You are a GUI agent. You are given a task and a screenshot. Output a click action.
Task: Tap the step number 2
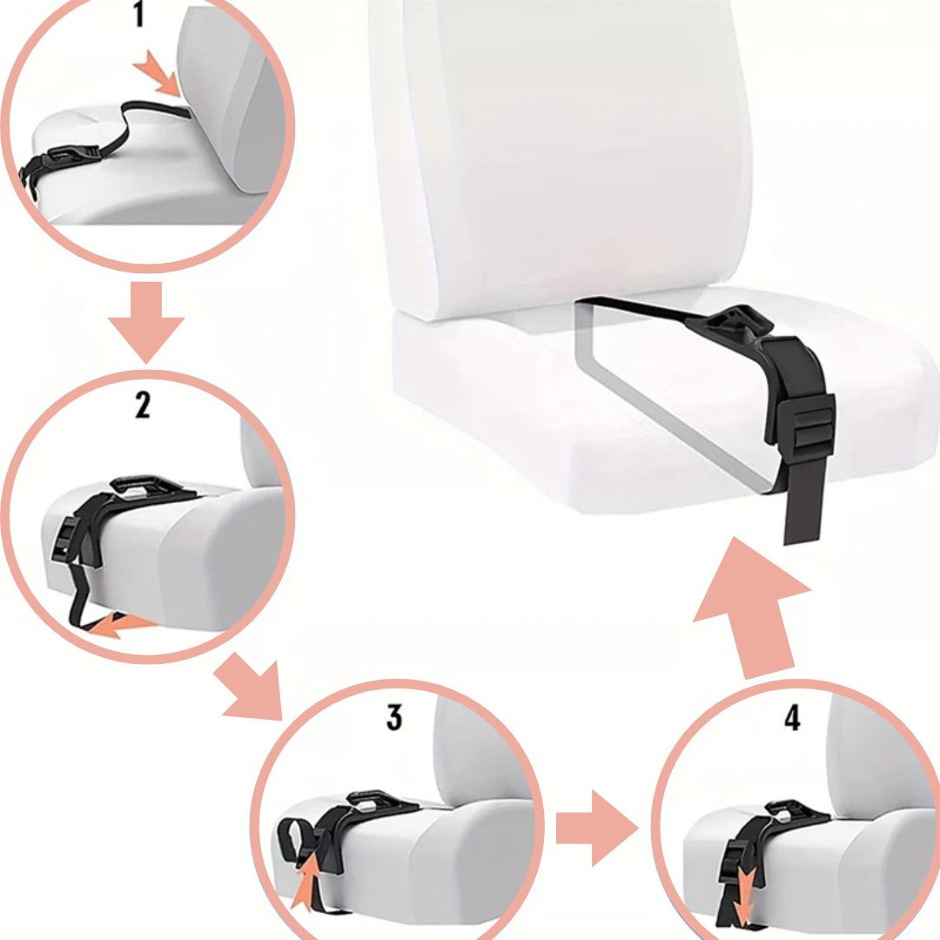click(142, 405)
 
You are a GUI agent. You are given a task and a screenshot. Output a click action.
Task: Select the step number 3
click(394, 717)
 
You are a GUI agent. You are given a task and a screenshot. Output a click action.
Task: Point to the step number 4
click(793, 717)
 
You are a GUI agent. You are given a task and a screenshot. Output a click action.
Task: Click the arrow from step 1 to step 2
click(145, 322)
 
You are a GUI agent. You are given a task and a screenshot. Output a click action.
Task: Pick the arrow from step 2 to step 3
click(250, 688)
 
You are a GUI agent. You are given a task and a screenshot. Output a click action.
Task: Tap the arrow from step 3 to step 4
click(597, 828)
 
